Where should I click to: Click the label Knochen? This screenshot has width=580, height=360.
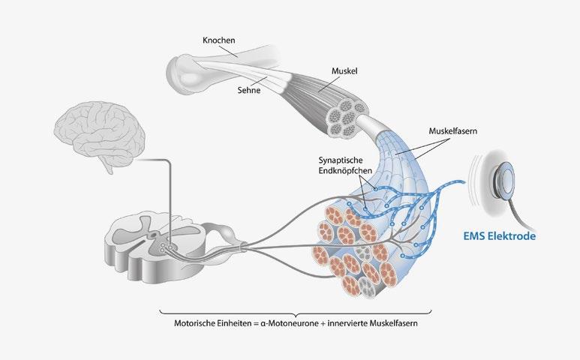pyautogui.click(x=218, y=40)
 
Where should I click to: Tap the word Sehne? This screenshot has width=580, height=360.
pyautogui.click(x=249, y=90)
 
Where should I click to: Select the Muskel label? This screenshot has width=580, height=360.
pyautogui.click(x=344, y=71)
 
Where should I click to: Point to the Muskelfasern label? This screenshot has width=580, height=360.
pyautogui.click(x=452, y=130)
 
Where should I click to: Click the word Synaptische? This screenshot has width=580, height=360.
pyautogui.click(x=341, y=160)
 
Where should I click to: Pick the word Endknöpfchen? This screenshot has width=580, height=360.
pyautogui.click(x=345, y=171)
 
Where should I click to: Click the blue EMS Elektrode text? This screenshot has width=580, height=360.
pyautogui.click(x=500, y=235)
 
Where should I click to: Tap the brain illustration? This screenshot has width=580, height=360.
pyautogui.click(x=99, y=135)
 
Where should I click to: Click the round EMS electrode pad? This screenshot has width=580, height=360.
pyautogui.click(x=503, y=179)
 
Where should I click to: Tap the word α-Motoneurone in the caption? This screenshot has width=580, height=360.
pyautogui.click(x=290, y=323)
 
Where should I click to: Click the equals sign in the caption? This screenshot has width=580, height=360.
pyautogui.click(x=255, y=324)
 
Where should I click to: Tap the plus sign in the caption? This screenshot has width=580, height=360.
pyautogui.click(x=323, y=324)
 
